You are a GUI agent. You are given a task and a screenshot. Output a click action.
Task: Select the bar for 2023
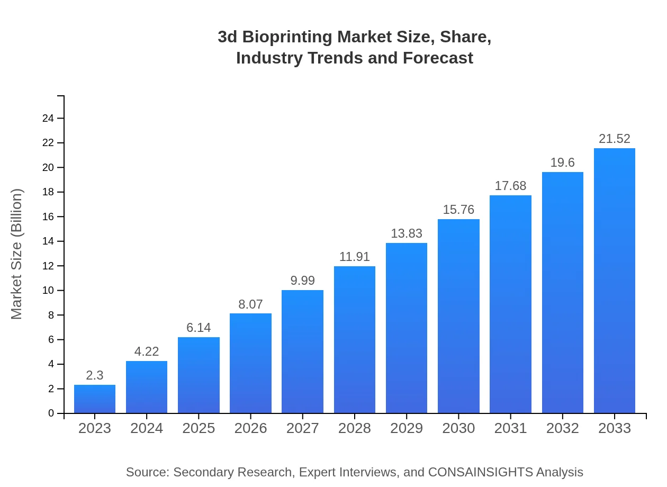point(95,399)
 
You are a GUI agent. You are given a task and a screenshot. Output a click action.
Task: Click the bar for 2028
point(355,340)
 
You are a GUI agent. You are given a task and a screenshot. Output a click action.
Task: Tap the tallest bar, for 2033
point(615,281)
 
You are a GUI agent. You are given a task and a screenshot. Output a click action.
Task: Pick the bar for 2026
point(250,363)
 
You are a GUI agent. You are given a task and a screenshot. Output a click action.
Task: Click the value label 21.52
point(615,139)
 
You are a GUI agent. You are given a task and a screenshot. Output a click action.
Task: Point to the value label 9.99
point(303,281)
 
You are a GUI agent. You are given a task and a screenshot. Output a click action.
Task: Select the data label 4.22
point(147,351)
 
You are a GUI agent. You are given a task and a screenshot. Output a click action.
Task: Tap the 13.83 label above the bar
point(407,233)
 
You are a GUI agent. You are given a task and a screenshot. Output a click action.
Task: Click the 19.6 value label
point(562,163)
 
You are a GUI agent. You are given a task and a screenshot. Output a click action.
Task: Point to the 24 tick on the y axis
point(48,118)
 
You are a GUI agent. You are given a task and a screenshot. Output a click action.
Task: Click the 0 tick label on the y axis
point(51,413)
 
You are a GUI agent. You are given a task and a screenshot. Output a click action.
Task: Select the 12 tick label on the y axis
point(48,266)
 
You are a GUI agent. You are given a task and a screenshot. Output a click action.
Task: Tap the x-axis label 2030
point(458,428)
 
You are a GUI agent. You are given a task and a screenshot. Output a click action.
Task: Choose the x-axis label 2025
point(199,428)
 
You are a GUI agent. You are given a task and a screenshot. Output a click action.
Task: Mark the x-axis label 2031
point(510,428)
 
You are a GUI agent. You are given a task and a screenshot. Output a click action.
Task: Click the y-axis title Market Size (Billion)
point(17,254)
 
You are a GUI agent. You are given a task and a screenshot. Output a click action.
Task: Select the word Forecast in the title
point(438,58)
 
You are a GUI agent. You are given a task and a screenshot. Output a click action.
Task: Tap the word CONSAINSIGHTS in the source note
point(480,472)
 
